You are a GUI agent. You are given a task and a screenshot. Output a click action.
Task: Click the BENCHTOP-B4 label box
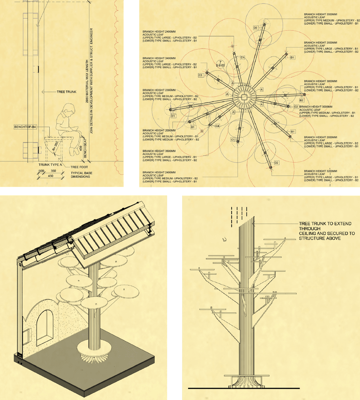(25, 127)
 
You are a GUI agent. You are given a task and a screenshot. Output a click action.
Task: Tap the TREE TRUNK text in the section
(66, 92)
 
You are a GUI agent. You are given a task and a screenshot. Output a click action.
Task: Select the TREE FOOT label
(79, 167)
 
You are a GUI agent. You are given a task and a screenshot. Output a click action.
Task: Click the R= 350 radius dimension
(55, 146)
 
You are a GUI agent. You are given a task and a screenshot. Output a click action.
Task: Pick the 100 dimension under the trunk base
(41, 171)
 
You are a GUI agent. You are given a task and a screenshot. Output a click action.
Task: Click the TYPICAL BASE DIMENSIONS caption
(81, 175)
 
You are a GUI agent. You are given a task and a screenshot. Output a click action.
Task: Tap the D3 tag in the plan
(255, 28)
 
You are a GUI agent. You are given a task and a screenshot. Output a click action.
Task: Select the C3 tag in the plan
(201, 75)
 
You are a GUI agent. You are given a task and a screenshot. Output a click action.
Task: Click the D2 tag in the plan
(276, 163)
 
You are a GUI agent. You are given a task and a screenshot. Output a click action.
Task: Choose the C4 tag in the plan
(217, 126)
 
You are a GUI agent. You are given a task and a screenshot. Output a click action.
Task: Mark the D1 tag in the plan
(173, 116)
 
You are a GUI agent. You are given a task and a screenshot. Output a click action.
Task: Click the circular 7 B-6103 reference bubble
(220, 64)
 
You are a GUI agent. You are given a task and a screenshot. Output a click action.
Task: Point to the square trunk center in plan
(243, 97)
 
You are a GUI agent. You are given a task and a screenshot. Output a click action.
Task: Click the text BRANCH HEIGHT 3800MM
(320, 81)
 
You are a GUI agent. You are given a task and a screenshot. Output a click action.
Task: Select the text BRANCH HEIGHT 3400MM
(159, 58)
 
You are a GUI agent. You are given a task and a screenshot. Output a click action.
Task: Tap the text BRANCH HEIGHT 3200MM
(320, 171)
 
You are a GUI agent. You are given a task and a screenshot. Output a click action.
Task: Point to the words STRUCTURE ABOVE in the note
(319, 238)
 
